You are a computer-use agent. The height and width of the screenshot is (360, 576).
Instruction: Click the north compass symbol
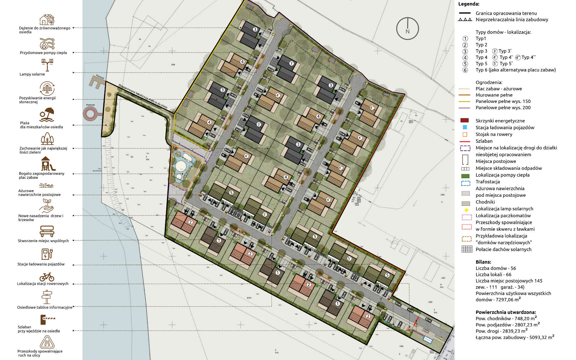pyautogui.click(x=407, y=28)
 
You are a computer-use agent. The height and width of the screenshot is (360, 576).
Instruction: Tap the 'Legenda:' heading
pyautogui.click(x=469, y=4)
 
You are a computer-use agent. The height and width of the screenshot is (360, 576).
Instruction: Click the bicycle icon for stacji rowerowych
pyautogui.click(x=47, y=277)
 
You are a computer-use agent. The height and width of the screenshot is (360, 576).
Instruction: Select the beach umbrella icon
pyautogui.click(x=47, y=114)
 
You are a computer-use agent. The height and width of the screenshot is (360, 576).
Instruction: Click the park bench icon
pyautogui.click(x=47, y=231)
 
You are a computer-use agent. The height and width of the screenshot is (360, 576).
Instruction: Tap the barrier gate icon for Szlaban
pyautogui.click(x=47, y=319)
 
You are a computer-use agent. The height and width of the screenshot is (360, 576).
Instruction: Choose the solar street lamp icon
pyautogui.click(x=47, y=64)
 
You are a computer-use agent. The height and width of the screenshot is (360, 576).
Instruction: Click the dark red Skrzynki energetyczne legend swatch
pyautogui.click(x=464, y=121)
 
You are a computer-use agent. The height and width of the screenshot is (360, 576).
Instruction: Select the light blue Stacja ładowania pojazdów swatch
pyautogui.click(x=465, y=127)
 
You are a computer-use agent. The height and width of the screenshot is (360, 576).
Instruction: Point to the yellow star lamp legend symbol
pyautogui.click(x=466, y=210)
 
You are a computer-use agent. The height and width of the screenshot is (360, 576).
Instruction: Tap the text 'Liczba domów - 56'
pyautogui.click(x=496, y=268)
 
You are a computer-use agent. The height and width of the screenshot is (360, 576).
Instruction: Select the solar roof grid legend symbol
pyautogui.click(x=467, y=249)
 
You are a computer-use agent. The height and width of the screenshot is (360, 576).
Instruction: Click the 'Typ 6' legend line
pyautogui.click(x=515, y=70)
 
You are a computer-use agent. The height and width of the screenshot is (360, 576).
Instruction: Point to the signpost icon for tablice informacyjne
pyautogui.click(x=47, y=297)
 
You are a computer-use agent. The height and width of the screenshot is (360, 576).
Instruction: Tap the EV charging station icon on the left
pyautogui.click(x=47, y=253)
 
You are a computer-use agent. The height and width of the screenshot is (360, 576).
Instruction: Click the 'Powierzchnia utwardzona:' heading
pyautogui.click(x=505, y=312)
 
